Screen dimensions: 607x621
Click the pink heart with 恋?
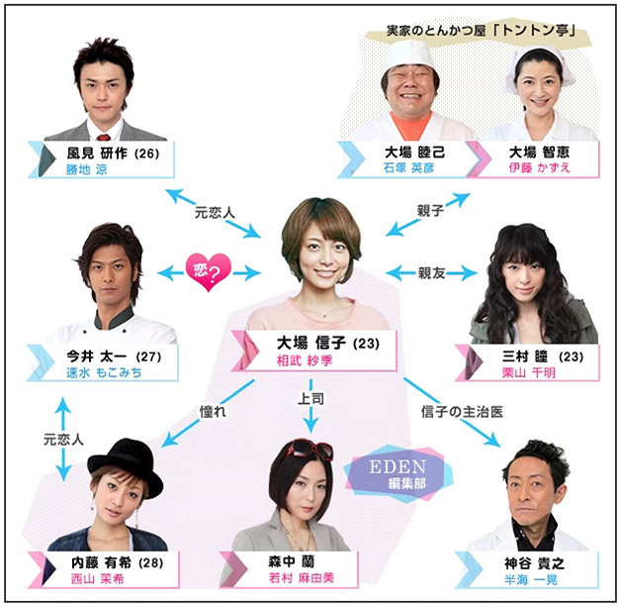pyautogui.click(x=208, y=270)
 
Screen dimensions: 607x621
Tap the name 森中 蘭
pyautogui.click(x=289, y=561)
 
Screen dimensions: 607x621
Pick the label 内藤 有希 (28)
pyautogui.click(x=91, y=561)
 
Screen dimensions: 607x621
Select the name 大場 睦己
pyautogui.click(x=402, y=152)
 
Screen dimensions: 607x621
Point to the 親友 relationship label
pyautogui.click(x=432, y=271)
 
